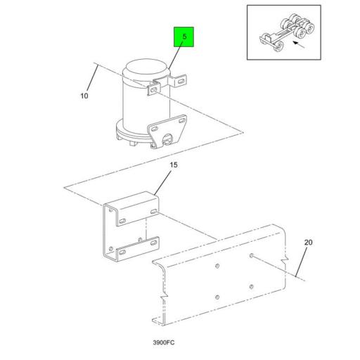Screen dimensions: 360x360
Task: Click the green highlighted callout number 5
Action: click(x=184, y=37)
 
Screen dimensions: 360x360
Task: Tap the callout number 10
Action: click(x=84, y=96)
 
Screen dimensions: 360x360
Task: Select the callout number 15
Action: click(x=174, y=165)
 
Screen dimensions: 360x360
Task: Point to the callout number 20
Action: click(x=308, y=243)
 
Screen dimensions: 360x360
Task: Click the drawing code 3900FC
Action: click(x=164, y=342)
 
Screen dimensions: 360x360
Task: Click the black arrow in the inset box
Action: click(x=299, y=44)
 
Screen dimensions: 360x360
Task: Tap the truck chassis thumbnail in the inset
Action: click(x=287, y=32)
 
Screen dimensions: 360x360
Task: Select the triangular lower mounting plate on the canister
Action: click(x=167, y=131)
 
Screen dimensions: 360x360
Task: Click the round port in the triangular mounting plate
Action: click(x=167, y=139)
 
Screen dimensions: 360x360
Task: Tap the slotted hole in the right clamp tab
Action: click(x=181, y=81)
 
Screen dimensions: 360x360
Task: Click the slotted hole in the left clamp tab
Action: click(x=153, y=90)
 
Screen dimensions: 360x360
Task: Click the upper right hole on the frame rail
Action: click(x=252, y=255)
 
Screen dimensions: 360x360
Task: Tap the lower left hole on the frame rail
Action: click(x=217, y=297)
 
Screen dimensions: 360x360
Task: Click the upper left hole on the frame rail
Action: click(x=217, y=266)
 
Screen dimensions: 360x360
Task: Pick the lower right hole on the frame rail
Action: click(x=251, y=286)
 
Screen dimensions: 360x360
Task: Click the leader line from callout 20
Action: click(x=301, y=262)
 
